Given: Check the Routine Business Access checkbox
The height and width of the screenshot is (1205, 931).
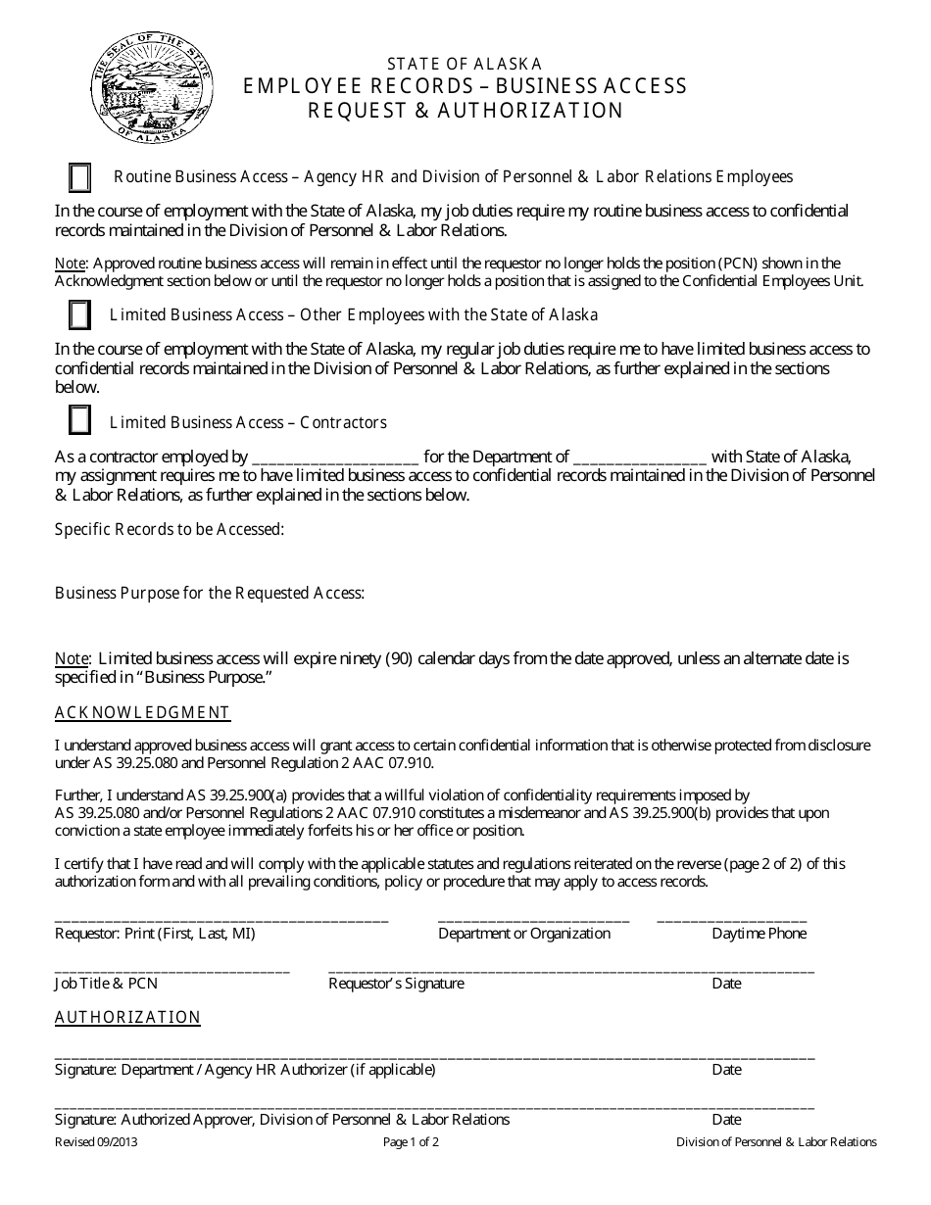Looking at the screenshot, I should pos(80,178).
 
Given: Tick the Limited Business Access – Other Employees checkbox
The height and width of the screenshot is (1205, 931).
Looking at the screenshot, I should pos(80,315).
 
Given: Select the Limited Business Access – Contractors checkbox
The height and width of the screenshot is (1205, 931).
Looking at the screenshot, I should pos(80,420).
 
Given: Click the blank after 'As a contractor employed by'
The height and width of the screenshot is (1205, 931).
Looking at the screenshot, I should pos(335,458).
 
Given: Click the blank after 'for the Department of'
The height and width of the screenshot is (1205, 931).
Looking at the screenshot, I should pos(639,458).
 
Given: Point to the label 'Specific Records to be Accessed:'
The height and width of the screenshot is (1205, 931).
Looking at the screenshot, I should pos(170,529).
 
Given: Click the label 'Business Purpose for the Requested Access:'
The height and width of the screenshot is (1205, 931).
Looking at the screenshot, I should pos(210,593).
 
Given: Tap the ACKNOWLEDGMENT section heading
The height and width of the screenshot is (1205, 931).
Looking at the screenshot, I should pos(142,712).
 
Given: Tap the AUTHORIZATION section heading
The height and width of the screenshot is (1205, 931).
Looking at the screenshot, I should pos(127,1017).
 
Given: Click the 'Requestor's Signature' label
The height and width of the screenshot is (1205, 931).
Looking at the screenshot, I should pos(396,983).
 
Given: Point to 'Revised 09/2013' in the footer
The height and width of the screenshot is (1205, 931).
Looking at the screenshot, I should pos(89,1142).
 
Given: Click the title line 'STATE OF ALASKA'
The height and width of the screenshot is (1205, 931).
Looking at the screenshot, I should pos(464,63).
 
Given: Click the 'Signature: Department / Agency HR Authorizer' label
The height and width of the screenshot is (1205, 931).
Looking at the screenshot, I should pos(245,1070).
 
